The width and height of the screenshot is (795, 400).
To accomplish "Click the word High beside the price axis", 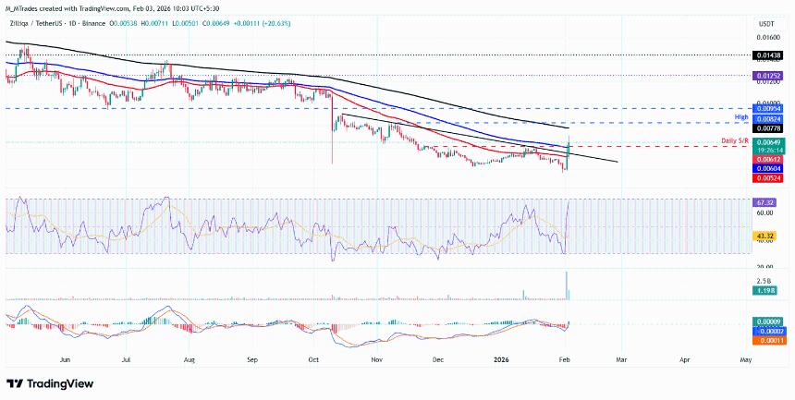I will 740,117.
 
